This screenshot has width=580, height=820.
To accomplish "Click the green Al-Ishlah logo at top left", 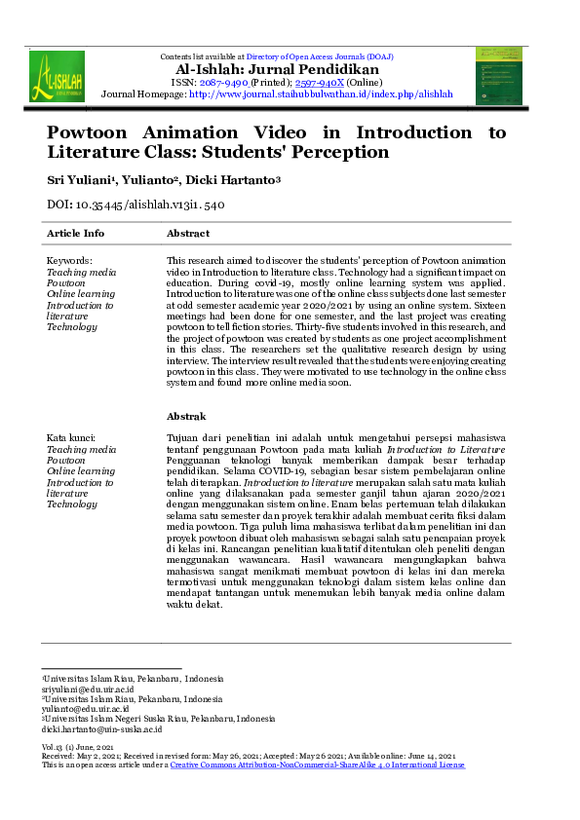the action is pyautogui.click(x=57, y=77).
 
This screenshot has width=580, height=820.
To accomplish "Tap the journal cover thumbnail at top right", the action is pyautogui.click(x=498, y=75).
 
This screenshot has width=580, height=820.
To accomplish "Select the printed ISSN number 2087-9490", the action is pyautogui.click(x=224, y=83).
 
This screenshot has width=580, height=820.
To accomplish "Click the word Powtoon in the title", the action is pyautogui.click(x=94, y=132).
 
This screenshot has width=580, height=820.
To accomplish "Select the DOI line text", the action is pyautogui.click(x=136, y=205).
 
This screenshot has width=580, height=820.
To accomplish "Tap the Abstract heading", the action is pyautogui.click(x=188, y=234).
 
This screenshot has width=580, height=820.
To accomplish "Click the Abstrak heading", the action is pyautogui.click(x=186, y=417).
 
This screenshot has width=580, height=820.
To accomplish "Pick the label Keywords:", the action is pyautogui.click(x=69, y=261).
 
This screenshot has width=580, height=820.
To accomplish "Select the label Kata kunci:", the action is pyautogui.click(x=72, y=440).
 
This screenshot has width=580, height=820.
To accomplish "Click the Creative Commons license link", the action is pyautogui.click(x=318, y=765).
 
